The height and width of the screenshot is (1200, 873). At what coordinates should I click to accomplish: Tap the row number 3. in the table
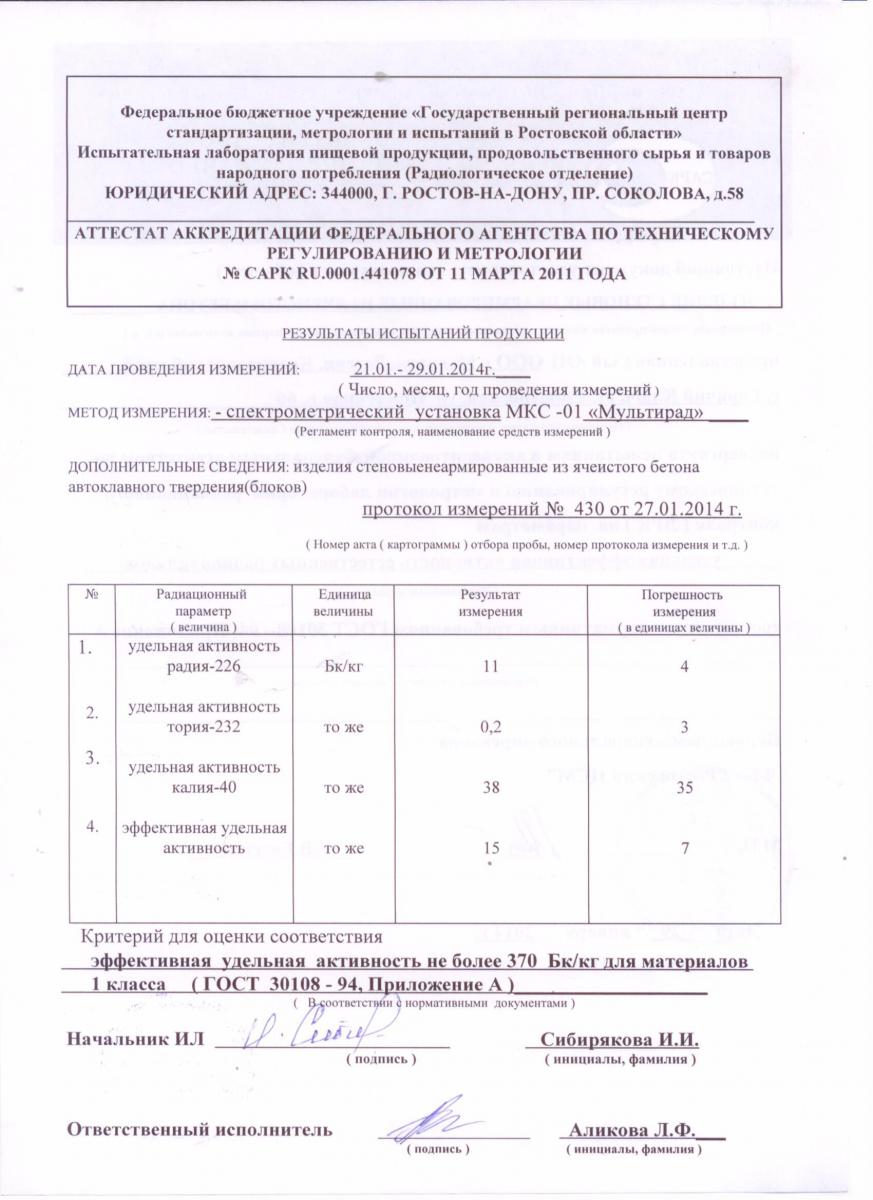point(93,758)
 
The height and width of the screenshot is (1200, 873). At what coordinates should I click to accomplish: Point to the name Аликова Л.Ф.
point(633,1130)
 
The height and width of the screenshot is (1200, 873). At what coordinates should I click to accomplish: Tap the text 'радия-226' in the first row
point(206,667)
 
